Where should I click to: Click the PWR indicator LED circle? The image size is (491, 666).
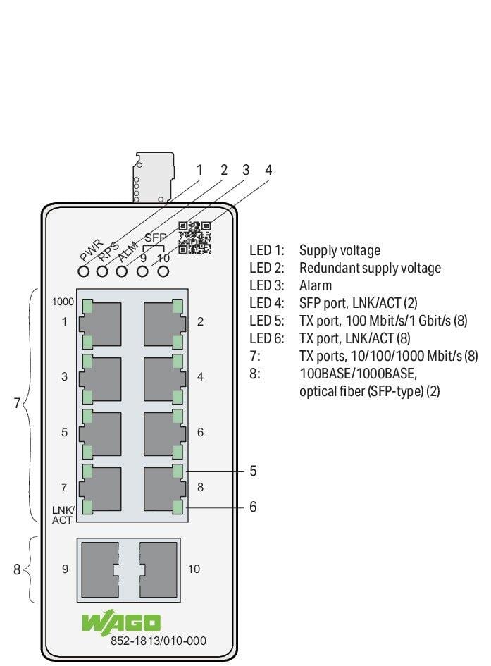84,271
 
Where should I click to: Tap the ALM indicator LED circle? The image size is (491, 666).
122,271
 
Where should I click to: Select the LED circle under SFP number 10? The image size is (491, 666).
163,271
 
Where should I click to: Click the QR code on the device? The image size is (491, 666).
195,238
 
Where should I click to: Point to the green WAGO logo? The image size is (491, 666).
121,623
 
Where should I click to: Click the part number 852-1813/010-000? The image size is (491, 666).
159,641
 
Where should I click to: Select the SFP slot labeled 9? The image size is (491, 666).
100,569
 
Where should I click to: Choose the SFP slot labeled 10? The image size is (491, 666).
158,569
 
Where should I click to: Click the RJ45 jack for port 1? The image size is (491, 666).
100,323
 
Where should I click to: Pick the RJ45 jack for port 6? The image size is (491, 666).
164,433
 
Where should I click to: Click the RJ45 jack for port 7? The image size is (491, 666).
100,489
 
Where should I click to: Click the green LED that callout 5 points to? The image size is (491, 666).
178,471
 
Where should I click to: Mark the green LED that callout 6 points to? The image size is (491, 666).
178,507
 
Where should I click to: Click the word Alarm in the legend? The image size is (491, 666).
316,285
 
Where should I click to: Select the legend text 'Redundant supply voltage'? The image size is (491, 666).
370,268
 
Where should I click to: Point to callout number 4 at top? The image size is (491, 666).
268,170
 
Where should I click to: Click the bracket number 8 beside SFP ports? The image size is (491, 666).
17,569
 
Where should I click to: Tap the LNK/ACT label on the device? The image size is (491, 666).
63,514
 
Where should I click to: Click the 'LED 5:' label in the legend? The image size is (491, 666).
267,321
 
